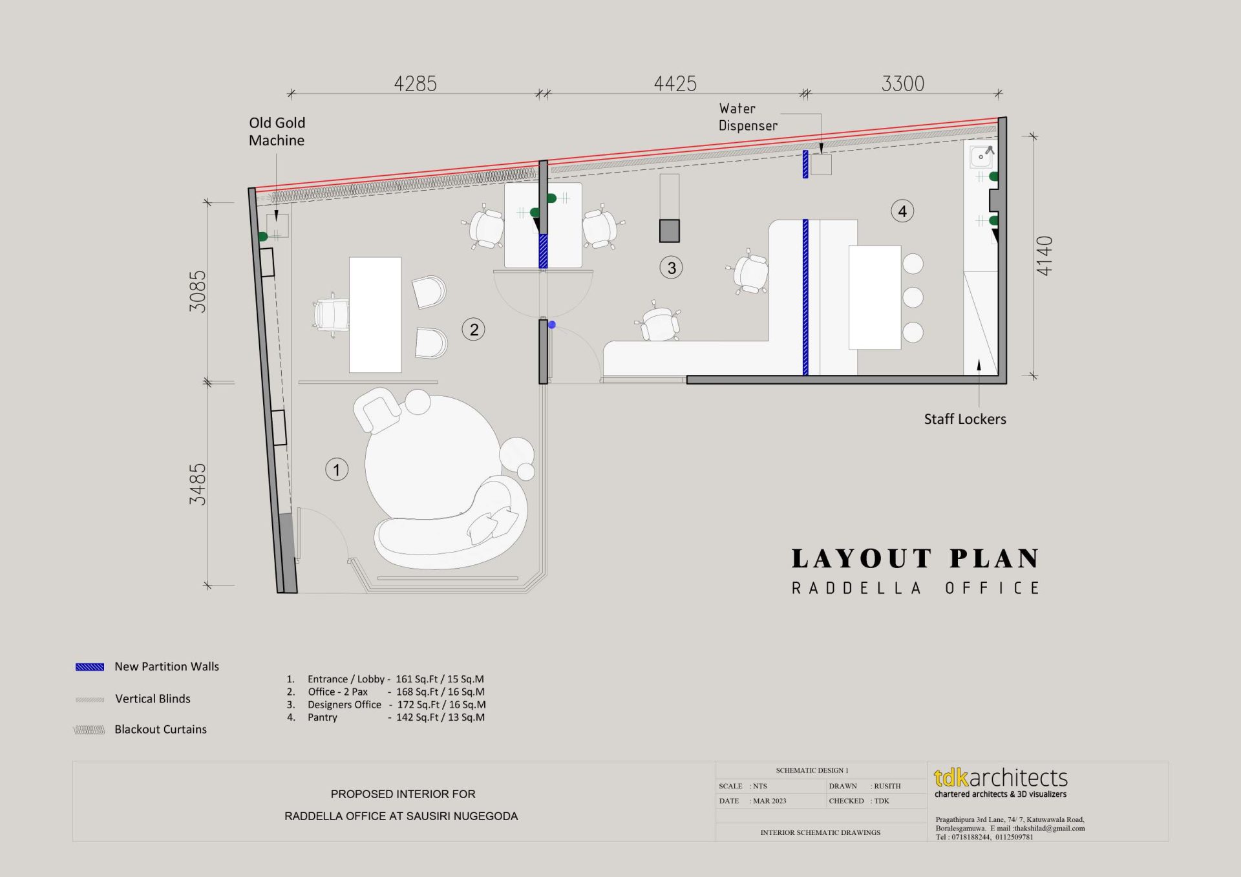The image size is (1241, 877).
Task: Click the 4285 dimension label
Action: point(415,83)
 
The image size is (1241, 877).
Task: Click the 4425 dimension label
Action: point(675,83)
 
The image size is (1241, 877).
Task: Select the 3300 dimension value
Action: point(903,83)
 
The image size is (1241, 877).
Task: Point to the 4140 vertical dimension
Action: point(1045,256)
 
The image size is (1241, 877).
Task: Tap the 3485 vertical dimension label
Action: point(197,484)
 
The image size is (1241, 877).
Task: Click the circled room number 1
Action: point(337,469)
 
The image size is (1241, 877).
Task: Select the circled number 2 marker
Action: point(474,330)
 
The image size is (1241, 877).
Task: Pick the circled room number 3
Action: point(672,268)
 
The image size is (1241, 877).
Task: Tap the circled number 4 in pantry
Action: point(902,211)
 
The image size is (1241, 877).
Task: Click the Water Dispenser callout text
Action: point(748,117)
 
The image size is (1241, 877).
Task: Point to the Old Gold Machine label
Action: point(277,131)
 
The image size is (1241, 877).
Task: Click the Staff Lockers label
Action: point(965,419)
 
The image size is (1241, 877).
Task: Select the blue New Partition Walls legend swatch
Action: point(90,667)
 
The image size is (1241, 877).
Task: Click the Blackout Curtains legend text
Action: point(160,729)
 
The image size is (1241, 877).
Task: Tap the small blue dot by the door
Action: point(552,325)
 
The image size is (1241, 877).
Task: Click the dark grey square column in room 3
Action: point(670,231)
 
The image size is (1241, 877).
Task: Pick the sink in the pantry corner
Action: point(982,156)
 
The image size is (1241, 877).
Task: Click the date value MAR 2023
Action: point(770,801)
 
